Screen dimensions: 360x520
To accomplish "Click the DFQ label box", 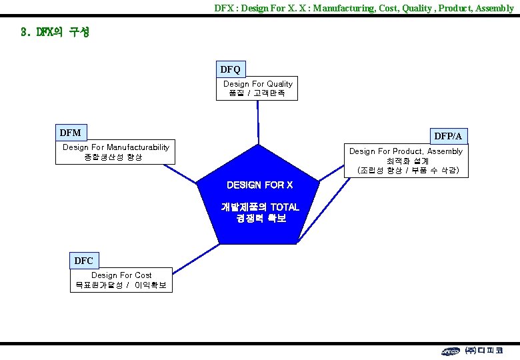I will point(230,69).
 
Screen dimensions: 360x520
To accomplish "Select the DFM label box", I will point(70,133).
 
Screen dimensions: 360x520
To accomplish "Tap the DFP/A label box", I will point(448,136).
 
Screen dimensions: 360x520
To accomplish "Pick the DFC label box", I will point(83,260).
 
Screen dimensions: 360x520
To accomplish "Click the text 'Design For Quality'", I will point(257,84).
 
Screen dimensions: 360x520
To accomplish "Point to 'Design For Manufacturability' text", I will point(116,147).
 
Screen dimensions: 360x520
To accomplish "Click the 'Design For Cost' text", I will point(121,275).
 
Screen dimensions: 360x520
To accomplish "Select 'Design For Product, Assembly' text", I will point(405,151).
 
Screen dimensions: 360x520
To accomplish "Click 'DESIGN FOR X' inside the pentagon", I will point(259,185).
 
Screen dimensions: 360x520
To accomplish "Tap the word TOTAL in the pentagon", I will point(284,207).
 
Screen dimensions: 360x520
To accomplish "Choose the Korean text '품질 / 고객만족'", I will point(257,94).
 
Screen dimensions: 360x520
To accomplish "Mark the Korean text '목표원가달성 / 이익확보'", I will point(121,285).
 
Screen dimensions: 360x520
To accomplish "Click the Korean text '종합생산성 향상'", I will point(113,157).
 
